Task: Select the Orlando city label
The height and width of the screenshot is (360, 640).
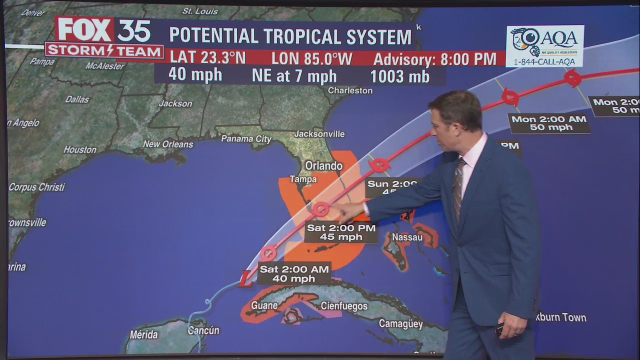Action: click(x=323, y=166)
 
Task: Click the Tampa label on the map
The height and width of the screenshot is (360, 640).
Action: click(x=303, y=179)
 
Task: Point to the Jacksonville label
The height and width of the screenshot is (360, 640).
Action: click(x=319, y=134)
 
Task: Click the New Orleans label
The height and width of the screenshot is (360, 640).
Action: click(x=167, y=144)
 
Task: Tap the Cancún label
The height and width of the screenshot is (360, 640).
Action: click(x=203, y=330)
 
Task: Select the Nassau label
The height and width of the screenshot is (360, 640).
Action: click(x=407, y=237)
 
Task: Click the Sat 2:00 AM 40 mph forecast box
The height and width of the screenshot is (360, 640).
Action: click(x=294, y=274)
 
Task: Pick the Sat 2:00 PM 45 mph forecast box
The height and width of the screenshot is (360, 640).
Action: click(x=341, y=232)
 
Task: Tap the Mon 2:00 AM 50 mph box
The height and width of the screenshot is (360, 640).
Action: click(x=549, y=123)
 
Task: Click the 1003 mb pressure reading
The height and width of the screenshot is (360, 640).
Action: click(x=400, y=76)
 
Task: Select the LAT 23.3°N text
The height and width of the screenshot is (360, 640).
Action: click(x=207, y=58)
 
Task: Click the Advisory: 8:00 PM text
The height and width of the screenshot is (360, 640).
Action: click(x=435, y=59)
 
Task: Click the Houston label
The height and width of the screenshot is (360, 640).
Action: click(x=80, y=149)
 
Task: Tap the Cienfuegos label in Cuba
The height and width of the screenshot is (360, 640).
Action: click(x=344, y=306)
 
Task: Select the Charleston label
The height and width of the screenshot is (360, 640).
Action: click(x=350, y=90)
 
